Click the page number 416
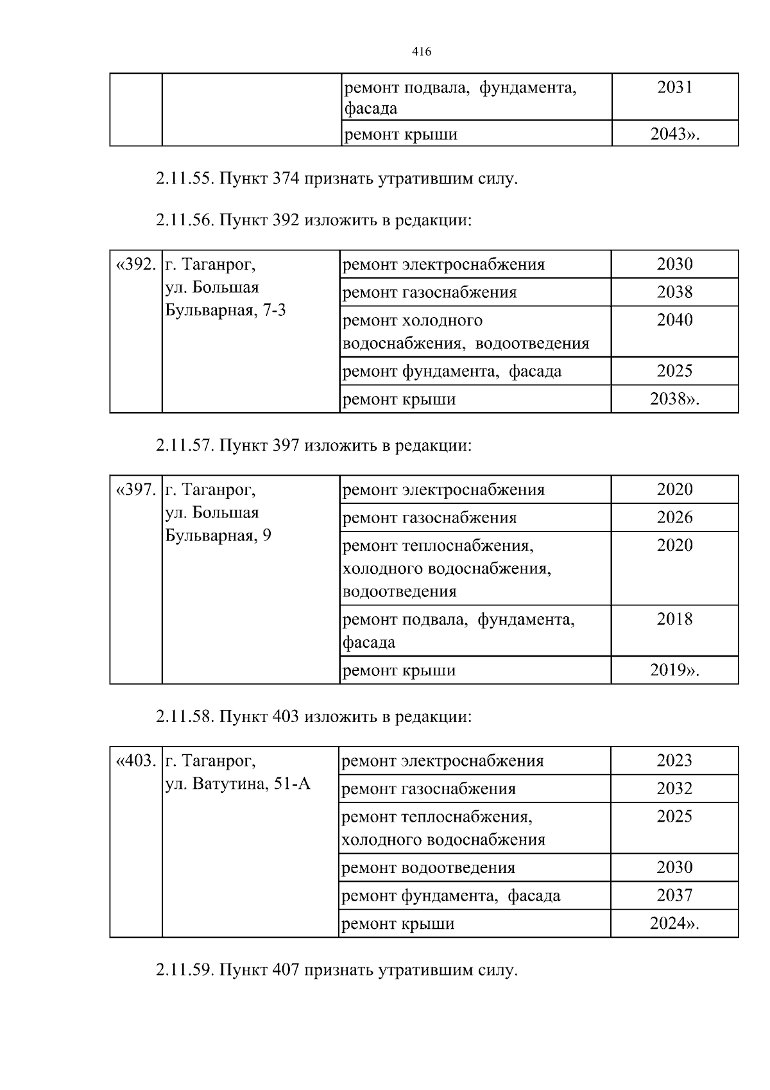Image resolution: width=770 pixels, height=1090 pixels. (x=421, y=52)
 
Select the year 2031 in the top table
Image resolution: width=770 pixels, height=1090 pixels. (x=674, y=87)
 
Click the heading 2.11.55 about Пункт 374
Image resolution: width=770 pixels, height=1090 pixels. (x=336, y=178)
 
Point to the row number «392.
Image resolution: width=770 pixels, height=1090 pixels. (x=135, y=264)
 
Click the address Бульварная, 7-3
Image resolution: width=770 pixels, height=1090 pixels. (x=226, y=311)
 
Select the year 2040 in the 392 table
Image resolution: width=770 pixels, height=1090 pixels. (x=674, y=320)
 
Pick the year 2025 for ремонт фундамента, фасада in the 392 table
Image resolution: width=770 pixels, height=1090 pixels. (x=674, y=371)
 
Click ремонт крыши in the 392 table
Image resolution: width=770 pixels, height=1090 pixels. (x=399, y=399)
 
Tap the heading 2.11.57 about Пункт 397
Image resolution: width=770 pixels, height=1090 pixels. (x=313, y=445)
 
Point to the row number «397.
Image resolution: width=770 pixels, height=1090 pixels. (x=135, y=490)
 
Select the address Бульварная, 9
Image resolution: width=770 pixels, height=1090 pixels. (x=218, y=535)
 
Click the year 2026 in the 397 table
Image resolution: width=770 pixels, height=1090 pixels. (x=674, y=517)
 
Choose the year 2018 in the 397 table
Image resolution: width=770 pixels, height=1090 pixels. (x=674, y=619)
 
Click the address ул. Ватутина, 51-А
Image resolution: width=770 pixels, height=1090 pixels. (x=237, y=784)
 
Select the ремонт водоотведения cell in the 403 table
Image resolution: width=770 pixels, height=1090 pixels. (x=428, y=868)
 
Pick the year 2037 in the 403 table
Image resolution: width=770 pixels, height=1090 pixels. (x=674, y=895)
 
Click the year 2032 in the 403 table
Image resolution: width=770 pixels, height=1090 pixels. (x=674, y=788)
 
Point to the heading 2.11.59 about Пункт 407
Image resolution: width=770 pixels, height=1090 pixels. (x=336, y=970)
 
